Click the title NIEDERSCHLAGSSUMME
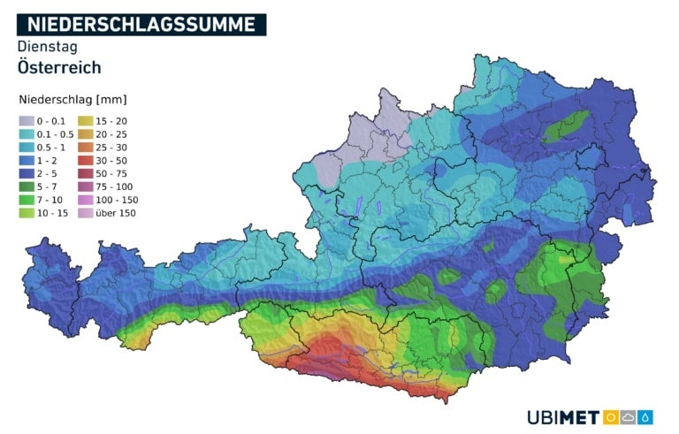tap(141, 25)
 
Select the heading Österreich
tap(58, 67)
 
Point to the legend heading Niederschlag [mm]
tap(70, 99)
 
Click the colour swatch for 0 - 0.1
tap(27, 121)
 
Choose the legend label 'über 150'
tap(118, 213)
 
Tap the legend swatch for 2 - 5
tap(27, 174)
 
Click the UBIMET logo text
tap(563, 416)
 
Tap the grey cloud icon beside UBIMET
tap(629, 416)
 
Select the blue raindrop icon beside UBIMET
tap(646, 416)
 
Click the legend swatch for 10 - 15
tap(27, 213)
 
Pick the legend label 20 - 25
tap(115, 134)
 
